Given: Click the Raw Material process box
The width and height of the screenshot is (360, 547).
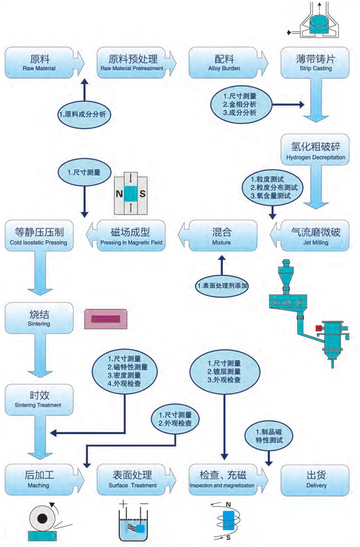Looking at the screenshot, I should (39, 62).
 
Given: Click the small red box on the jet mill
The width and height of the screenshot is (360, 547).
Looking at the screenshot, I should (318, 326).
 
